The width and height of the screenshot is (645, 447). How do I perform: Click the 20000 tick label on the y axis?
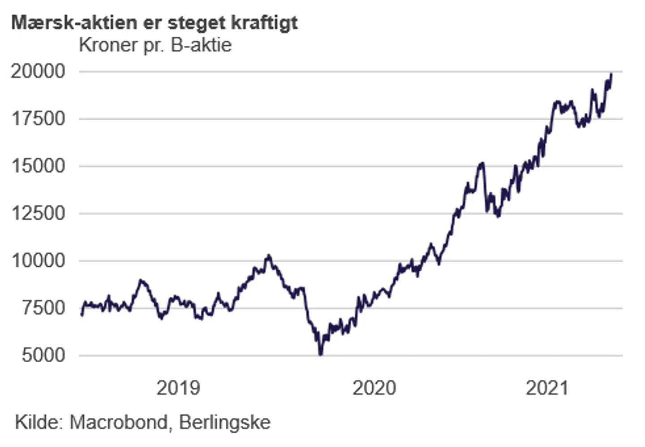[x=38, y=71]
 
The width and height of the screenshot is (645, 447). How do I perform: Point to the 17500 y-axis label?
[x=38, y=119]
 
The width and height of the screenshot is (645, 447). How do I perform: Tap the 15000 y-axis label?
[x=38, y=166]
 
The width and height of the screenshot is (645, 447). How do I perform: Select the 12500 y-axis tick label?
[x=38, y=213]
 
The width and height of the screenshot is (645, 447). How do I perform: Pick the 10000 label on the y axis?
[x=38, y=260]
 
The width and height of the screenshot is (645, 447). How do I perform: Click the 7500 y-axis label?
[x=44, y=308]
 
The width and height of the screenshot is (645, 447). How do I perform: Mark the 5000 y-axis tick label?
[x=44, y=356]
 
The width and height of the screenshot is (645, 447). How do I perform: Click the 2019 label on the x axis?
[x=178, y=388]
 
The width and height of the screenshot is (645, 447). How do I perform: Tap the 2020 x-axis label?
[x=374, y=388]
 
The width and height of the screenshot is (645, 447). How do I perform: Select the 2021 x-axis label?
[x=547, y=388]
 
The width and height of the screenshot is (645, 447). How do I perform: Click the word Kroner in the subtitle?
[x=108, y=45]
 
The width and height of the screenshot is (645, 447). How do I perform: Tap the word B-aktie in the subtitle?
[x=201, y=45]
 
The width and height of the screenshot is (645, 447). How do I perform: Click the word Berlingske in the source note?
[x=225, y=422]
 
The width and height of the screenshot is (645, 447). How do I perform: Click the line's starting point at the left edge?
[x=82, y=315]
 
